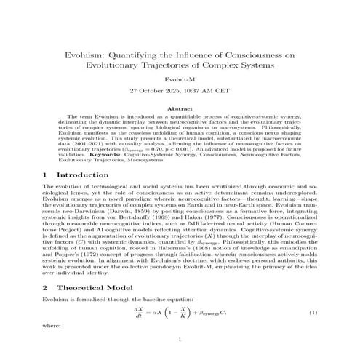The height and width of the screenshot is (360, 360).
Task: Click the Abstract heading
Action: [180, 109]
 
